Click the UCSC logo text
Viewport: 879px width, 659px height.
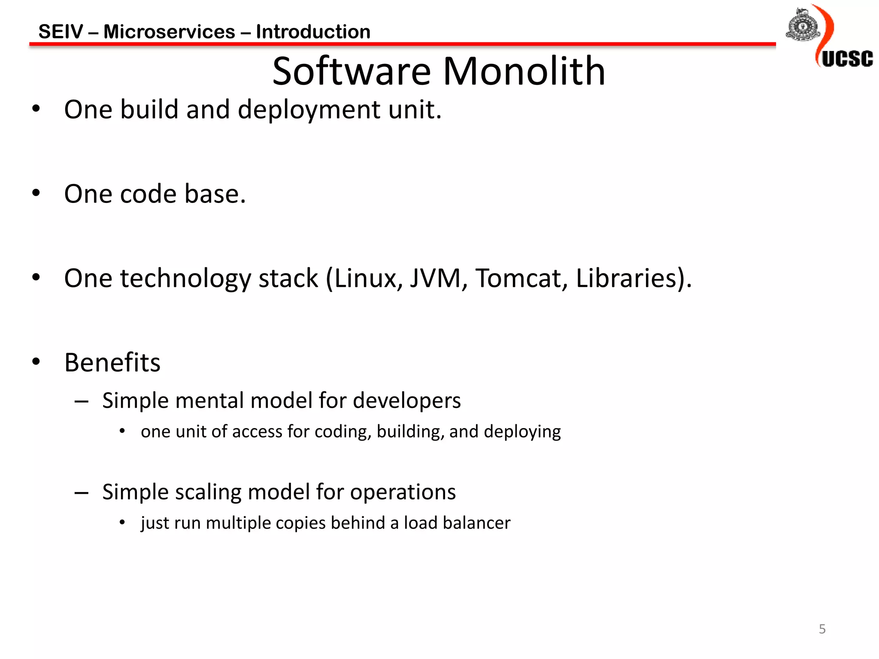click(847, 59)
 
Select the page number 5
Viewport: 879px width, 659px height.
click(822, 629)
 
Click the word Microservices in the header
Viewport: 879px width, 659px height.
click(169, 32)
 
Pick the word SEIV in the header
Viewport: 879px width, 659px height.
click(61, 32)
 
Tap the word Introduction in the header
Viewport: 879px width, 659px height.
click(313, 32)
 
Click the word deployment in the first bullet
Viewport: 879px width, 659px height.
click(309, 110)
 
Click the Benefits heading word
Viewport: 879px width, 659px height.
click(112, 363)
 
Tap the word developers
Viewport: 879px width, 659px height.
click(406, 401)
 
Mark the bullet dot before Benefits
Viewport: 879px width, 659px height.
click(36, 362)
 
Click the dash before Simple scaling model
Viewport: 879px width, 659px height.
click(81, 493)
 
